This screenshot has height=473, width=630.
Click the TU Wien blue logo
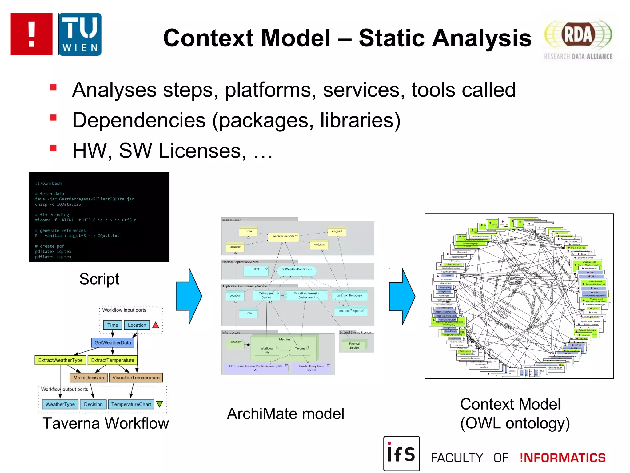[80, 34]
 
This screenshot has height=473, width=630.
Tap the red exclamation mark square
[31, 34]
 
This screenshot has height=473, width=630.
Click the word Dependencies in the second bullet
[139, 120]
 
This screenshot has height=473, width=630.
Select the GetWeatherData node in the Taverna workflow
[113, 342]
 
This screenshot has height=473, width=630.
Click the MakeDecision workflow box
[89, 378]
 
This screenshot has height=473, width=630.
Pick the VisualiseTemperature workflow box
[136, 378]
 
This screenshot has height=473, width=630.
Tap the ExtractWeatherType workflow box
[60, 360]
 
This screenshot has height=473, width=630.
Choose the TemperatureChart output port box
[131, 404]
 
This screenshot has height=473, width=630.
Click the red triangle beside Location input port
[156, 325]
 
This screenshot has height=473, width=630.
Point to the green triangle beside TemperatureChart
[159, 404]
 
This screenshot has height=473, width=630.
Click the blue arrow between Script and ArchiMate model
[189, 296]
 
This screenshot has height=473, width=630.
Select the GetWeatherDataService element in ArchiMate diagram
[297, 269]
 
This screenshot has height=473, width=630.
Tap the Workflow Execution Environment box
[306, 295]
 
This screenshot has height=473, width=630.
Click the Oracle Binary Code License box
[311, 368]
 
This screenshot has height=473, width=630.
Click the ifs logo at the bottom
[401, 453]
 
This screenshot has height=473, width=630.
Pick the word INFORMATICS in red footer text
[563, 458]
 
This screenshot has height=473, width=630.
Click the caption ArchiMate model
[285, 414]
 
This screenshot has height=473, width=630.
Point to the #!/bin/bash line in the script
[48, 184]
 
